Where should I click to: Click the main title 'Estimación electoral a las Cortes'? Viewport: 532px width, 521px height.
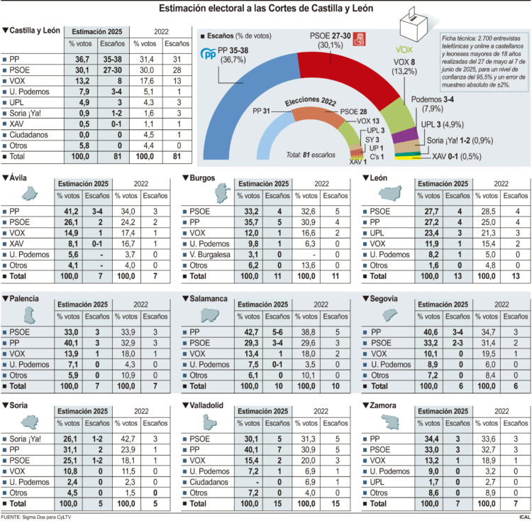[x=266, y=9]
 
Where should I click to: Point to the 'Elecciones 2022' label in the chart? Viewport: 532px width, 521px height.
[x=310, y=102]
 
